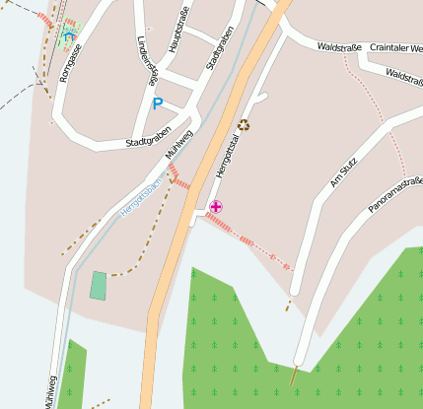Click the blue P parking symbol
point(157,103)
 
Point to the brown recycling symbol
point(245,124)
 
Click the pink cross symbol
point(216,206)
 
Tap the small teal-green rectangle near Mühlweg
point(99,285)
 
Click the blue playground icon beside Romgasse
point(68,36)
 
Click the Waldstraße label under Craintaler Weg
point(403,74)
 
